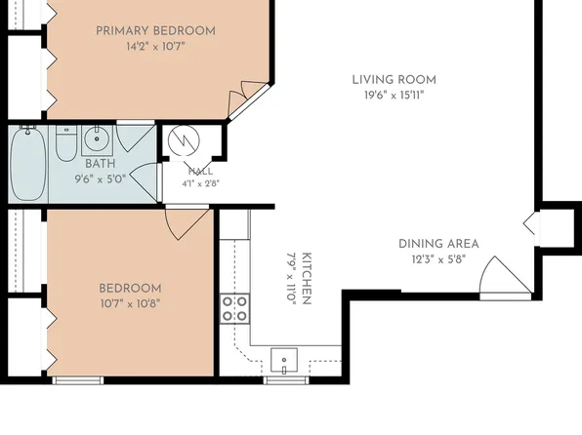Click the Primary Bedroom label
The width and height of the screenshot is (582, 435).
click(155, 31)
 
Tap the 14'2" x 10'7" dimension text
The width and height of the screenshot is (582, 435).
click(155, 47)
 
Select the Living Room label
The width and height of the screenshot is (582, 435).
click(394, 80)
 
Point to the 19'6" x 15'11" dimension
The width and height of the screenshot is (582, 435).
click(394, 96)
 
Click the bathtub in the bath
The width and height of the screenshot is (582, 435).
click(28, 164)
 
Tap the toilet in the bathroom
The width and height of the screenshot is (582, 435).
click(66, 143)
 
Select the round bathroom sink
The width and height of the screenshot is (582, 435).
click(97, 139)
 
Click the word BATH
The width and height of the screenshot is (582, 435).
click(101, 164)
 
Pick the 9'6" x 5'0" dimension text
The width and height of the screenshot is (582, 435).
click(101, 179)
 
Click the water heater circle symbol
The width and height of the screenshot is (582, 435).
click(184, 140)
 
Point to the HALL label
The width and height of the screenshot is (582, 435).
click(200, 172)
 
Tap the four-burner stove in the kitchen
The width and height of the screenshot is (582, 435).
click(234, 308)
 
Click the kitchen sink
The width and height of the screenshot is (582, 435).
click(284, 360)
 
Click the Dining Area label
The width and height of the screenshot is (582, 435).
click(438, 244)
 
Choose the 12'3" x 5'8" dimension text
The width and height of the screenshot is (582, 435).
click(438, 259)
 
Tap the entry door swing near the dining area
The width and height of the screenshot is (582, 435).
click(506, 276)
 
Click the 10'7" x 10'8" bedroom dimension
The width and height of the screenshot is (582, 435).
click(130, 304)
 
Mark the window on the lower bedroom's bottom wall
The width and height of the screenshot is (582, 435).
click(78, 380)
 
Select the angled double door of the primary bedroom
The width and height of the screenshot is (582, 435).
click(248, 100)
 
